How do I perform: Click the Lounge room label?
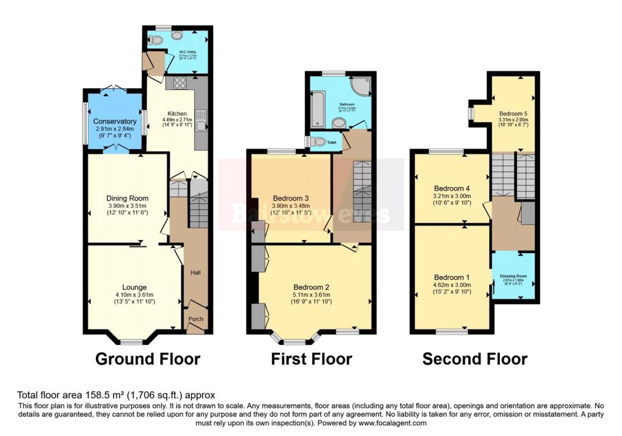pyautogui.click(x=134, y=287)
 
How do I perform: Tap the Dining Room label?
pyautogui.click(x=128, y=198)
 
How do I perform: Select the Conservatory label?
pyautogui.click(x=115, y=122)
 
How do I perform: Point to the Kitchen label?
pyautogui.click(x=177, y=114)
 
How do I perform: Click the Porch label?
pyautogui.click(x=196, y=318)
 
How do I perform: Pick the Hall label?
pyautogui.click(x=196, y=272)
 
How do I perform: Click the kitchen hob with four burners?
pyautogui.click(x=180, y=84)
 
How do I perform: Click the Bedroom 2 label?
pyautogui.click(x=311, y=287)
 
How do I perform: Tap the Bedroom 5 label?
pyautogui.click(x=513, y=114)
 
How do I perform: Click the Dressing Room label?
pyautogui.click(x=513, y=275)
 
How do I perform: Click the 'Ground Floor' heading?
pyautogui.click(x=148, y=359)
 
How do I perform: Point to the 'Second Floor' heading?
pyautogui.click(x=474, y=359)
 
